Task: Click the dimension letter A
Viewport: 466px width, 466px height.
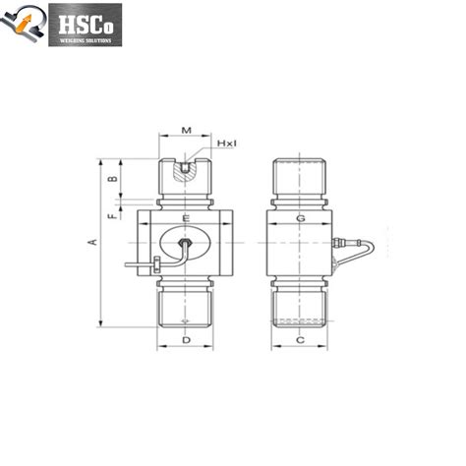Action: pyautogui.click(x=92, y=241)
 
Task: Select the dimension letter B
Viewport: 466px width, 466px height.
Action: pyautogui.click(x=111, y=178)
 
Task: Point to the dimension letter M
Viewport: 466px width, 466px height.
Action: pyautogui.click(x=186, y=130)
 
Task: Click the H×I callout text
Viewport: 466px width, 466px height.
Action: pyautogui.click(x=227, y=144)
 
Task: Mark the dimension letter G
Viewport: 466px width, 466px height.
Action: pyautogui.click(x=301, y=216)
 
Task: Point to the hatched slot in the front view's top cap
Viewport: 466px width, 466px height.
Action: pyautogui.click(x=185, y=171)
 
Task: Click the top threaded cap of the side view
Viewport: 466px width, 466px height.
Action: pyautogui.click(x=301, y=174)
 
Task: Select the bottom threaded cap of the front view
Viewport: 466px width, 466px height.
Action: pyautogui.click(x=185, y=306)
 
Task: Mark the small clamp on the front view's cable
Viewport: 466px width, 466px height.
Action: pyautogui.click(x=155, y=263)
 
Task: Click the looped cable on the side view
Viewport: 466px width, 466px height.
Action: pyautogui.click(x=359, y=252)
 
